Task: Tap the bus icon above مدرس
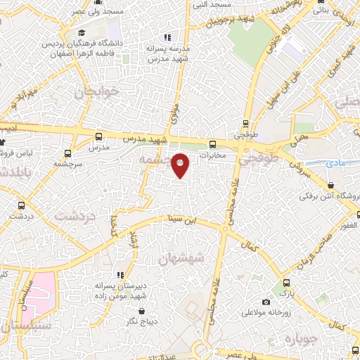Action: click(98, 136)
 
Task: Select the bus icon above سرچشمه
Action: click(68, 153)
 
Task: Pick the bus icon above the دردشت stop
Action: click(21, 205)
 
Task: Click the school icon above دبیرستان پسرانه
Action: click(120, 274)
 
